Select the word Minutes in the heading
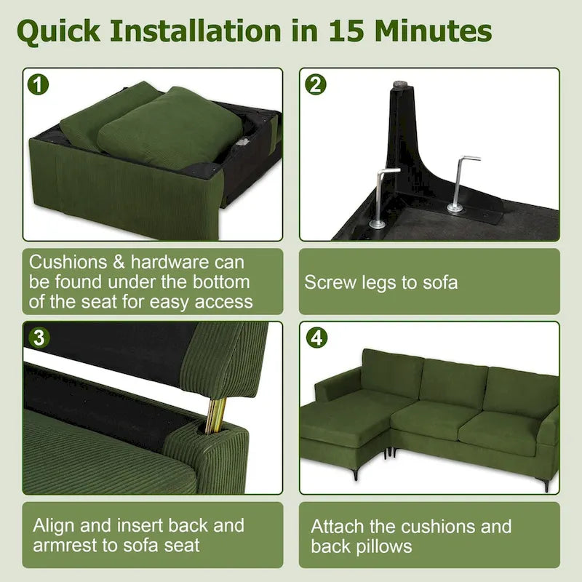click(433, 31)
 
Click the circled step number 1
click(39, 84)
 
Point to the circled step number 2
click(316, 84)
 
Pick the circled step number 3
click(39, 338)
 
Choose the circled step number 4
click(316, 338)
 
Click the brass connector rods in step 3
click(216, 415)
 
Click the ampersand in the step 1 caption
click(119, 263)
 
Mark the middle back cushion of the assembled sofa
click(453, 383)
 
